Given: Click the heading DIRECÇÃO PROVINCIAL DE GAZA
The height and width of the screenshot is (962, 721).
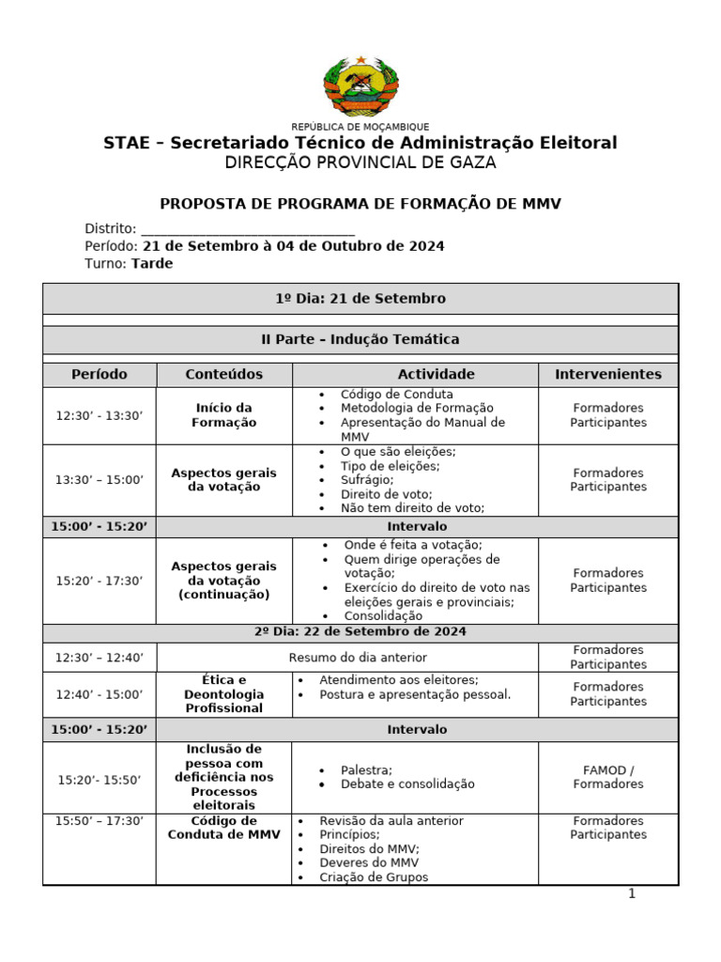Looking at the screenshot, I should pos(360,163).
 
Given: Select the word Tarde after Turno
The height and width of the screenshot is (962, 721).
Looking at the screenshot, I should pos(152,264).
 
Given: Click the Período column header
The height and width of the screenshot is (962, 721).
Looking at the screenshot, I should pos(100,374).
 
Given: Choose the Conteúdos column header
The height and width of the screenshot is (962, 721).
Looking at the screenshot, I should pos(224,374).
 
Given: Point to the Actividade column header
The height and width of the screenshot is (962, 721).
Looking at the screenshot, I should pos(415,374).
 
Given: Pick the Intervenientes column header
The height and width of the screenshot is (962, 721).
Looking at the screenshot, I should pos(608,374).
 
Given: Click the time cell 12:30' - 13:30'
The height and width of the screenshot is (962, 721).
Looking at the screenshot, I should pos(100,415).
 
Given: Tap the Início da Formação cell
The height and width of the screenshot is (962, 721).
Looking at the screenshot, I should pos(224,415).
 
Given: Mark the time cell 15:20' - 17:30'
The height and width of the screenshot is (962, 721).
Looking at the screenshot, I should pos(100,581).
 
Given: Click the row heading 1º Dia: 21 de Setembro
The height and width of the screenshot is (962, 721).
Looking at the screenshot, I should pos(360,299).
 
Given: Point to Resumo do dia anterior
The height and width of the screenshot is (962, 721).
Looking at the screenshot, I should pos(357,658).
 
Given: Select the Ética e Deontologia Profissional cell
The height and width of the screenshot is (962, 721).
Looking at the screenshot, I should pos(224,694).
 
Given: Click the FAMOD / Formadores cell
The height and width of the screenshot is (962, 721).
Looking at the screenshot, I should pos(608,777).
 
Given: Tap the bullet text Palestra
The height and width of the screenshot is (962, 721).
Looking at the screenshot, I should pos(366,769).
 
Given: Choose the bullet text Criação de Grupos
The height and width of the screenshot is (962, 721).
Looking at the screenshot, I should pos(374,877).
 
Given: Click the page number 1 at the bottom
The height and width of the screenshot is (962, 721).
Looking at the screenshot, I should pos(633,894).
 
